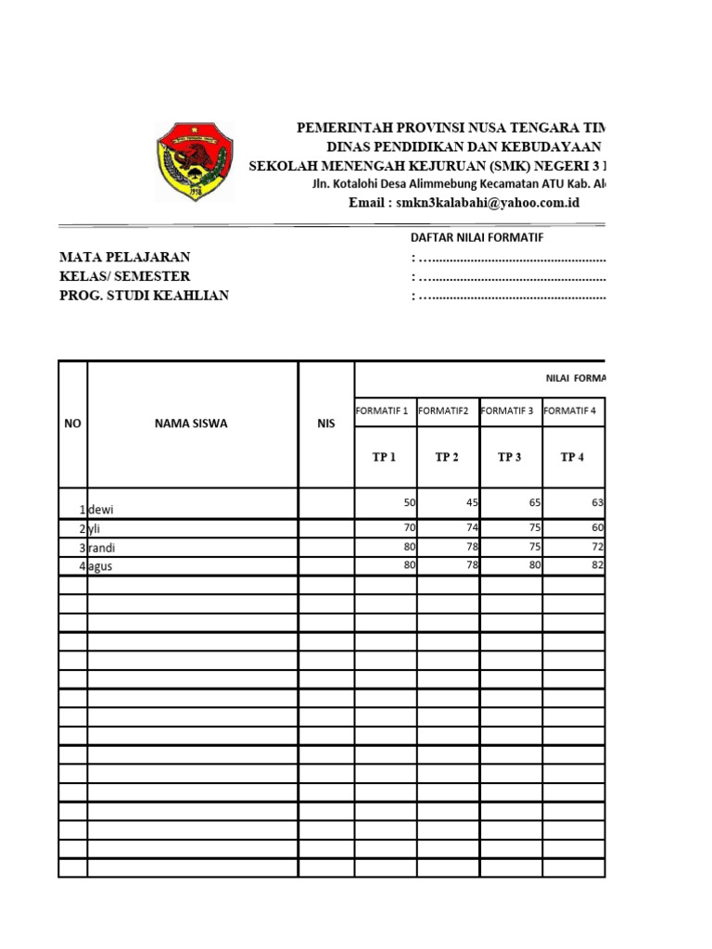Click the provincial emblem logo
click(195, 162)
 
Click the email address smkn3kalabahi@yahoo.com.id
click(464, 203)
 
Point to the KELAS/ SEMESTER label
click(125, 276)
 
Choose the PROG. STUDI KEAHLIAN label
click(144, 296)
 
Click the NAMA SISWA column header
click(191, 424)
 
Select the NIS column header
click(325, 424)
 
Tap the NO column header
click(72, 424)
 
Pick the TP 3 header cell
click(510, 457)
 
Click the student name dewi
click(102, 510)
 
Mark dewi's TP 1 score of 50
click(408, 502)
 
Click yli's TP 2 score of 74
click(470, 527)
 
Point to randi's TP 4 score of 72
click(596, 546)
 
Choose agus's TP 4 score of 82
click(596, 565)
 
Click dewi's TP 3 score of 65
click(533, 502)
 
